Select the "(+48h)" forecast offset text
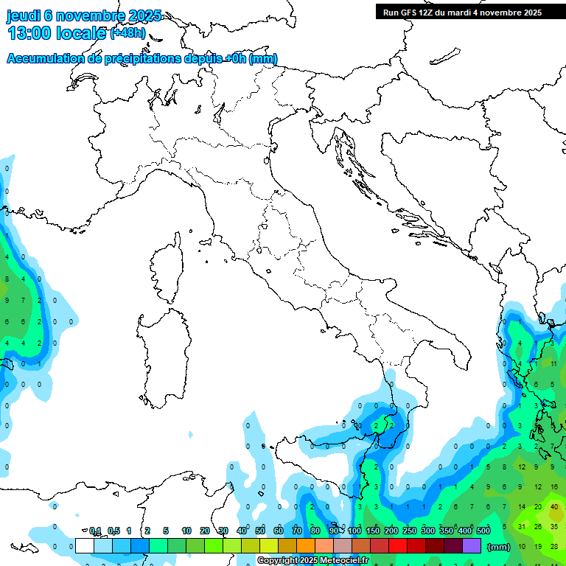click(x=127, y=34)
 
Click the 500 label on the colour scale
click(x=483, y=531)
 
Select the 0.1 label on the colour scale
click(x=95, y=531)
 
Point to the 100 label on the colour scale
click(x=354, y=531)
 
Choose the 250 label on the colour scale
click(x=410, y=531)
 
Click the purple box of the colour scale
click(x=472, y=546)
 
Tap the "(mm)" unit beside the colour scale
click(x=499, y=547)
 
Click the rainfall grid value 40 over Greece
click(x=554, y=507)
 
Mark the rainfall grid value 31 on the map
click(x=522, y=526)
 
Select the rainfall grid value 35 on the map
click(x=554, y=526)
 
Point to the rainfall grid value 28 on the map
click(x=554, y=546)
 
